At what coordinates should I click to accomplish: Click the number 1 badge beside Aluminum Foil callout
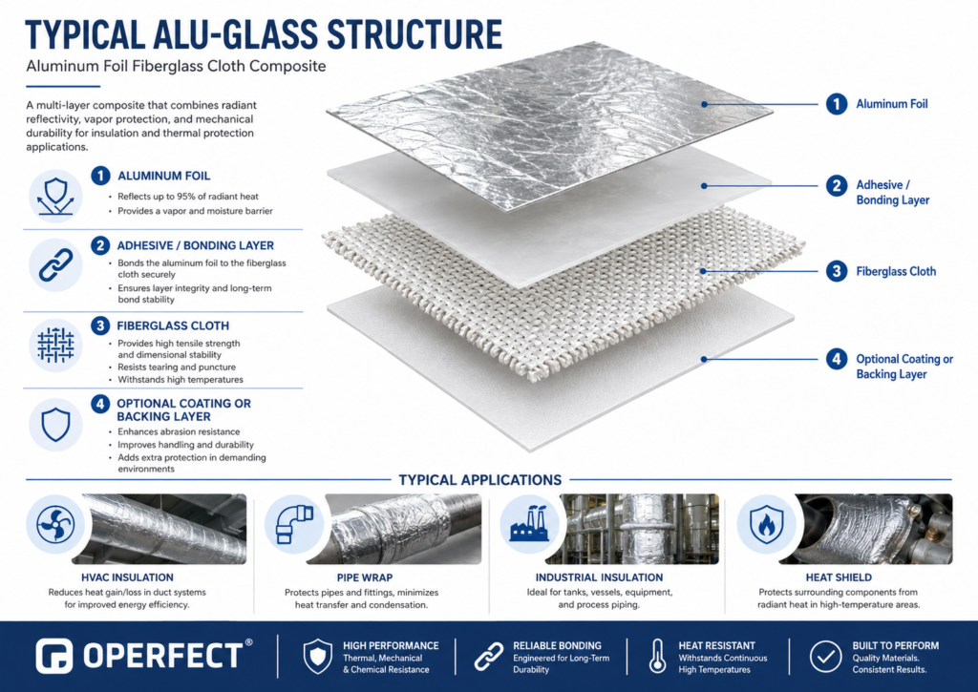point(837,104)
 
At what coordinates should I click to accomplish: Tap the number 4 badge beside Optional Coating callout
point(837,359)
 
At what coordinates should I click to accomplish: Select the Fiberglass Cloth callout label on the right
point(896,272)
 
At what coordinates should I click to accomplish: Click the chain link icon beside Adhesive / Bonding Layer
point(55,265)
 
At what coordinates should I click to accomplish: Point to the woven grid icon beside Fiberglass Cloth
point(55,345)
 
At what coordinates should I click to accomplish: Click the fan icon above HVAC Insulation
point(55,524)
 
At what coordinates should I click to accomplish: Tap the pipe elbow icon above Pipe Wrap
point(294,524)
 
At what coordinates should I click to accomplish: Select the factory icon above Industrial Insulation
point(529,524)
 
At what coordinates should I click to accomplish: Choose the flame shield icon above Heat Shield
point(767,524)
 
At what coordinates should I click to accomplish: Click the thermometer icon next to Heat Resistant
point(657,657)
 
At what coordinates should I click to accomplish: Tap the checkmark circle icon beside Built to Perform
point(826,657)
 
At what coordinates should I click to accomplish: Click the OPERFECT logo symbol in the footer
point(54,656)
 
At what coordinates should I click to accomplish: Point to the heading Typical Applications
point(480,480)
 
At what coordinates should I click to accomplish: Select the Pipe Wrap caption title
point(365,577)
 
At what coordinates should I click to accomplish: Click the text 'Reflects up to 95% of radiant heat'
point(188,197)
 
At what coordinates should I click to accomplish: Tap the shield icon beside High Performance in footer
point(317,657)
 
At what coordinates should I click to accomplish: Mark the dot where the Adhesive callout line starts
point(704,186)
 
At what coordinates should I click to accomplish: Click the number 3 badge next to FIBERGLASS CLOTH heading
point(100,325)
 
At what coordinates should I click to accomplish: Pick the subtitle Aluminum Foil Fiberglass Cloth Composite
point(176,66)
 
